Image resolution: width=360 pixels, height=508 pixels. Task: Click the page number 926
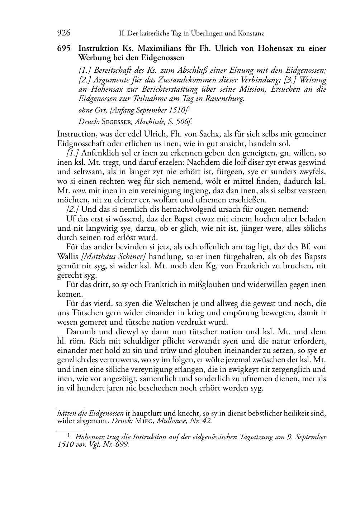[x=63, y=33]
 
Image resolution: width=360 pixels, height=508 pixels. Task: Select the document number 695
[x=65, y=48]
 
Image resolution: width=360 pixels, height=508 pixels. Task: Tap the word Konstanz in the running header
[x=250, y=34]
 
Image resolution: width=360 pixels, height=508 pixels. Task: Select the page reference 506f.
[x=184, y=122]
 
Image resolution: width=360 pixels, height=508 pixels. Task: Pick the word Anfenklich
[x=99, y=153]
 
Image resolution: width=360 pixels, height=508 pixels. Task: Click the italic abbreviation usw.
[x=79, y=191]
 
